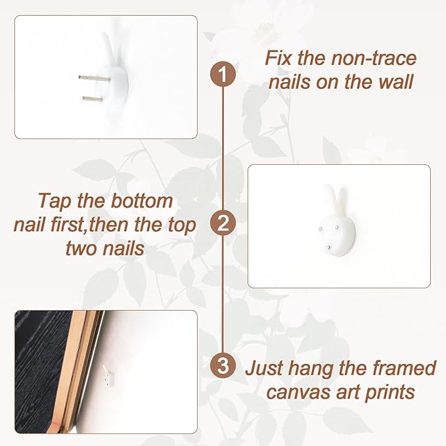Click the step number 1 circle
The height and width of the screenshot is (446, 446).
coord(223,74)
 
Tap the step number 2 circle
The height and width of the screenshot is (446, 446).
coord(223,223)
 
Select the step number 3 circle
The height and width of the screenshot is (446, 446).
coord(223,365)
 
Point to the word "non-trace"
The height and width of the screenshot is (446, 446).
coord(374,58)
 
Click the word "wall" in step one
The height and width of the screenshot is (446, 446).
coord(395,82)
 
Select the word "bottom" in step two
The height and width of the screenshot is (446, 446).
coord(142,201)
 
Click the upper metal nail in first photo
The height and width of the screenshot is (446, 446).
coord(94,78)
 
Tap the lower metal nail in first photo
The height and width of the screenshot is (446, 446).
coord(93,99)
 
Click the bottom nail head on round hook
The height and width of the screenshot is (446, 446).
coord(329,248)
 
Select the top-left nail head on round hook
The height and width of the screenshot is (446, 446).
coord(321,229)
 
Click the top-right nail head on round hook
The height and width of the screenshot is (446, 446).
coord(337,227)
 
